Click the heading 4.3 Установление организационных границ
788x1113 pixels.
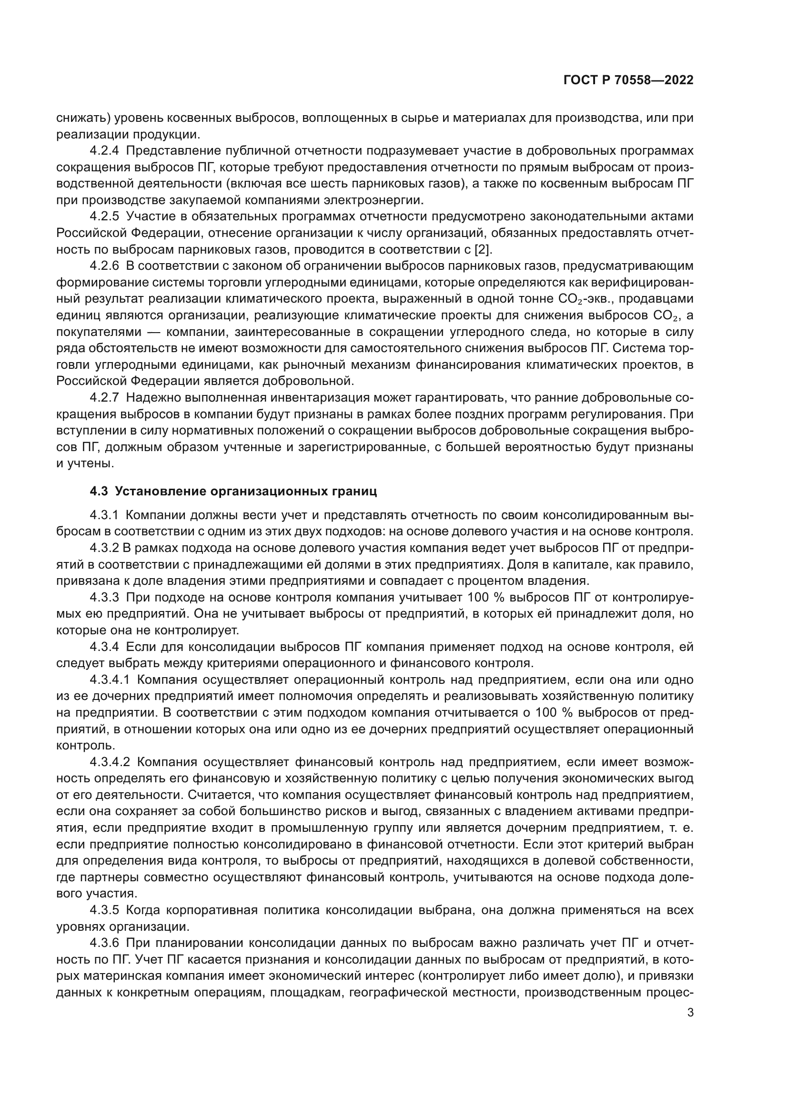[x=233, y=492]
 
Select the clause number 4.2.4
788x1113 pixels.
[x=104, y=150]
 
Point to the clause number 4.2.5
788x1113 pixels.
[x=104, y=216]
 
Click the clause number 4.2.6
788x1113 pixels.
[x=104, y=266]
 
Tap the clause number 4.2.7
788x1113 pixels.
[x=104, y=397]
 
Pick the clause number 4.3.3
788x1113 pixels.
[x=104, y=597]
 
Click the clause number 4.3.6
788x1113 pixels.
[x=104, y=943]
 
